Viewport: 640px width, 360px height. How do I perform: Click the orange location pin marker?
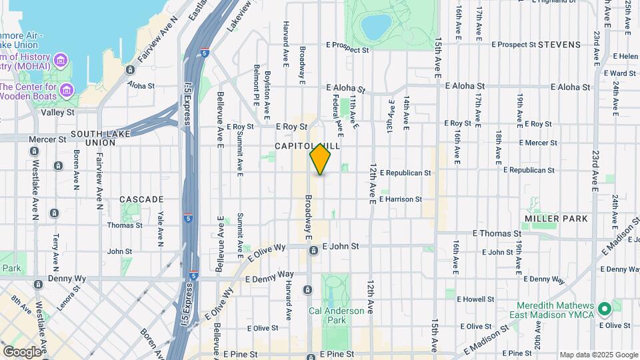click(320, 159)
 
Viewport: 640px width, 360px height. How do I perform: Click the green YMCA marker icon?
click(605, 310)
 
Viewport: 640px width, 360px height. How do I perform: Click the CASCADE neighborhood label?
click(141, 199)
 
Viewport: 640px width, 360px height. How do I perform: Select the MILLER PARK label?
click(556, 219)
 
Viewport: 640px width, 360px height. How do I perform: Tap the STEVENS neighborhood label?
click(559, 45)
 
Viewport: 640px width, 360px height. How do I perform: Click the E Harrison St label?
click(401, 199)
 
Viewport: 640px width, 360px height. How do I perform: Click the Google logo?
click(22, 351)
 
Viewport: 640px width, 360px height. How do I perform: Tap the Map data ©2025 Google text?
click(598, 355)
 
